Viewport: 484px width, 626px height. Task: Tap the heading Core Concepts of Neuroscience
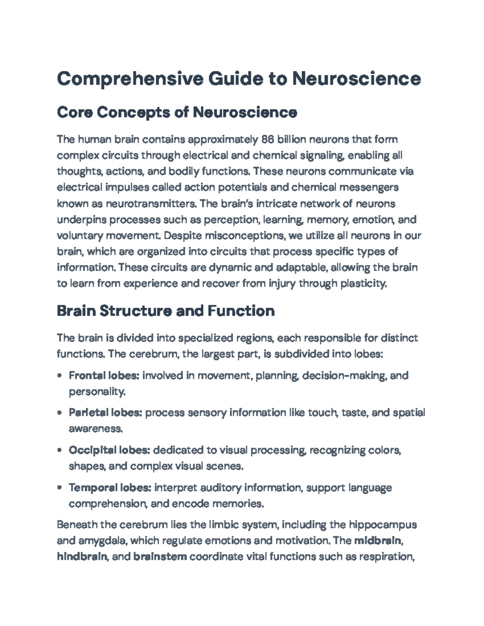point(177,112)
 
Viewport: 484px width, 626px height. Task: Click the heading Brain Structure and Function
point(166,311)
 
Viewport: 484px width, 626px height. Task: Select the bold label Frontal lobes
point(104,376)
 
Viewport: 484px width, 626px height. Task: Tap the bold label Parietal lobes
point(105,413)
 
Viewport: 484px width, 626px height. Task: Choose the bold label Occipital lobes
point(110,450)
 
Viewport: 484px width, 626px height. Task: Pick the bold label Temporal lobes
point(110,488)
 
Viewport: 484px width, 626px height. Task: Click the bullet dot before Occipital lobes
point(60,450)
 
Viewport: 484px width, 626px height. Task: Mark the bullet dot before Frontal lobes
point(60,376)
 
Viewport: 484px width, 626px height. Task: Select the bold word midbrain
point(378,541)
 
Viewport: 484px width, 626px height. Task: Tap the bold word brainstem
point(160,557)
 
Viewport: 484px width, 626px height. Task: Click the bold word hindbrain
point(82,557)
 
